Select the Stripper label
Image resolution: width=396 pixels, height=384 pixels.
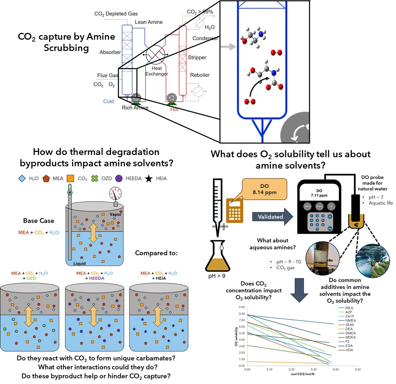[x=197, y=58]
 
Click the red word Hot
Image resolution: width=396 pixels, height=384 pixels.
[x=174, y=110]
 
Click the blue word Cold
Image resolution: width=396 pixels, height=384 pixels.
[x=109, y=101]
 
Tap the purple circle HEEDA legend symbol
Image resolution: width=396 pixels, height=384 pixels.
[x=119, y=178]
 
